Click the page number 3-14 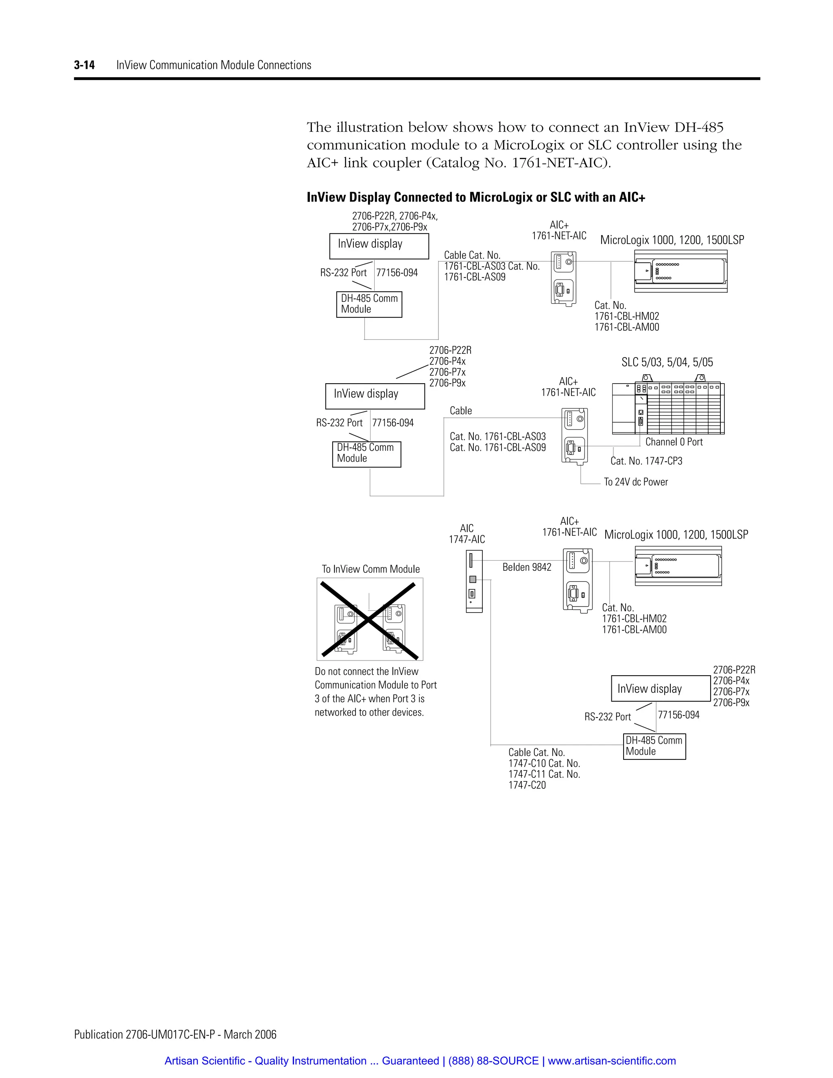(x=84, y=65)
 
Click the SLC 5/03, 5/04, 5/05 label (x=667, y=362)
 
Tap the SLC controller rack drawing (x=668, y=408)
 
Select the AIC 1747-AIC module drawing (x=474, y=581)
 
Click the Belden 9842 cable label (x=527, y=567)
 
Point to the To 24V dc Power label (x=636, y=482)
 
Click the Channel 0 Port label (x=674, y=442)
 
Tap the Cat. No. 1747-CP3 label (x=646, y=461)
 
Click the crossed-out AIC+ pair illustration (x=370, y=620)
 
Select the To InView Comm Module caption (x=371, y=569)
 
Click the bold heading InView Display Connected (x=476, y=197)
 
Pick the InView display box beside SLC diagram (x=375, y=396)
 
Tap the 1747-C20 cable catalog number (x=527, y=785)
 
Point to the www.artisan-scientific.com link (x=611, y=1060)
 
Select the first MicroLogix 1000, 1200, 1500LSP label (x=672, y=240)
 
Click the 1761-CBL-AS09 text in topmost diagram (x=475, y=277)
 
